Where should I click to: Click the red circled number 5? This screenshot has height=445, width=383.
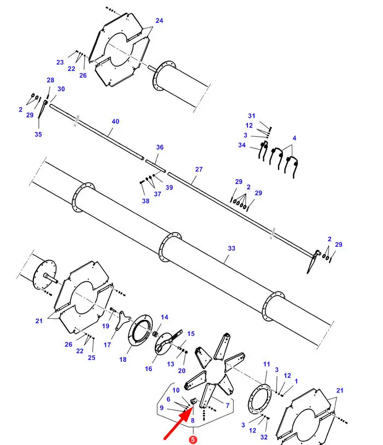pos(193,440)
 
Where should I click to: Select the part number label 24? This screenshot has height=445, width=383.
pos(160,20)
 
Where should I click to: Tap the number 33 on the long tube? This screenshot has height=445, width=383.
pos(232,248)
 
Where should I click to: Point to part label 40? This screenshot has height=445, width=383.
pos(115,121)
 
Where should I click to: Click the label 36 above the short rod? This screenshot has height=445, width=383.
pos(160,147)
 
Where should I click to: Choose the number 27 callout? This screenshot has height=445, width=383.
pos(199,169)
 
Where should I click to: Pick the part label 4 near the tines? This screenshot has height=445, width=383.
pos(294,138)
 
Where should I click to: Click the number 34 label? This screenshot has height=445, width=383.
pos(241,145)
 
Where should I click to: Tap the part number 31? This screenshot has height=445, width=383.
pos(251,116)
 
